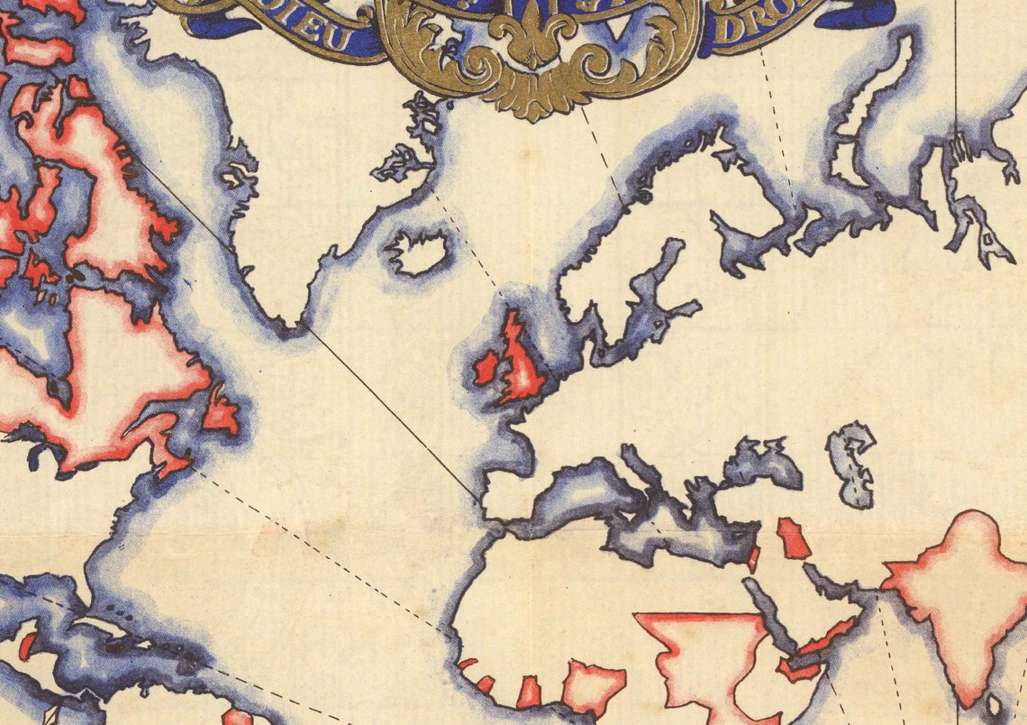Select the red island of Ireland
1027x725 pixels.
click(x=486, y=368)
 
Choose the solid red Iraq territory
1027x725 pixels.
click(x=792, y=537)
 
